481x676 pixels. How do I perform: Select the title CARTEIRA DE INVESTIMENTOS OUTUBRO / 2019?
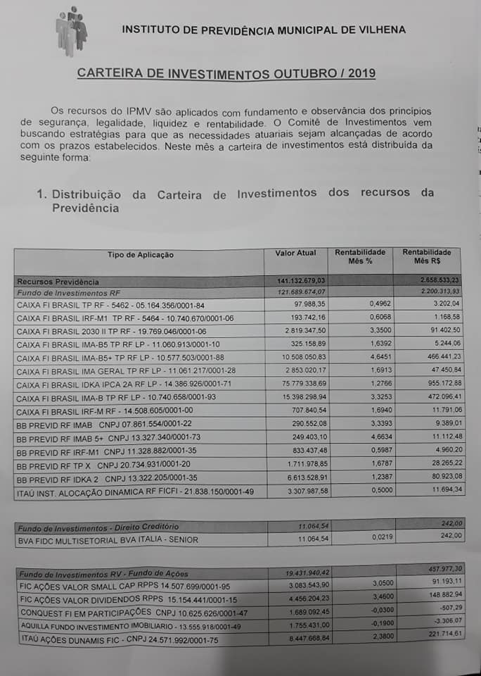point(226,73)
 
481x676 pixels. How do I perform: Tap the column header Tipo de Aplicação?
point(141,255)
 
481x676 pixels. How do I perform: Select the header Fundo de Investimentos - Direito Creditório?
point(98,527)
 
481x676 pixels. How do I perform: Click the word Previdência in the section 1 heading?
point(85,208)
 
